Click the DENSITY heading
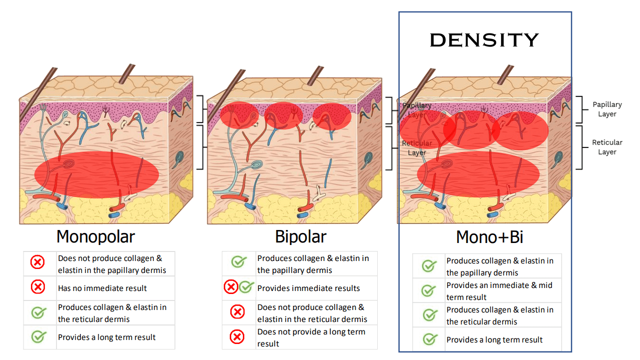(x=484, y=40)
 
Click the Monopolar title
(x=95, y=236)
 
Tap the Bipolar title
(x=300, y=236)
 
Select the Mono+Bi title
(x=490, y=237)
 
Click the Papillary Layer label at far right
(x=607, y=109)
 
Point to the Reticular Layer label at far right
(x=607, y=147)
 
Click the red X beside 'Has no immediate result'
(x=38, y=287)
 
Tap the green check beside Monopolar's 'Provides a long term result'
(x=38, y=337)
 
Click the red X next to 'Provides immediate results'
(x=231, y=287)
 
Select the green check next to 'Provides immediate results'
(x=246, y=287)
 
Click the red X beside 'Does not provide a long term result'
(x=237, y=337)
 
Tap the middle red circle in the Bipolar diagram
(x=284, y=115)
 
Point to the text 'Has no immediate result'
(x=102, y=288)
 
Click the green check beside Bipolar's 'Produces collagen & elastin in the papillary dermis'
(x=238, y=262)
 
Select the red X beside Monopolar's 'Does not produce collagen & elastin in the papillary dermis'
(x=38, y=261)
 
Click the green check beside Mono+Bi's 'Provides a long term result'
(x=429, y=339)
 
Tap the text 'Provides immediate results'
(x=308, y=288)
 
